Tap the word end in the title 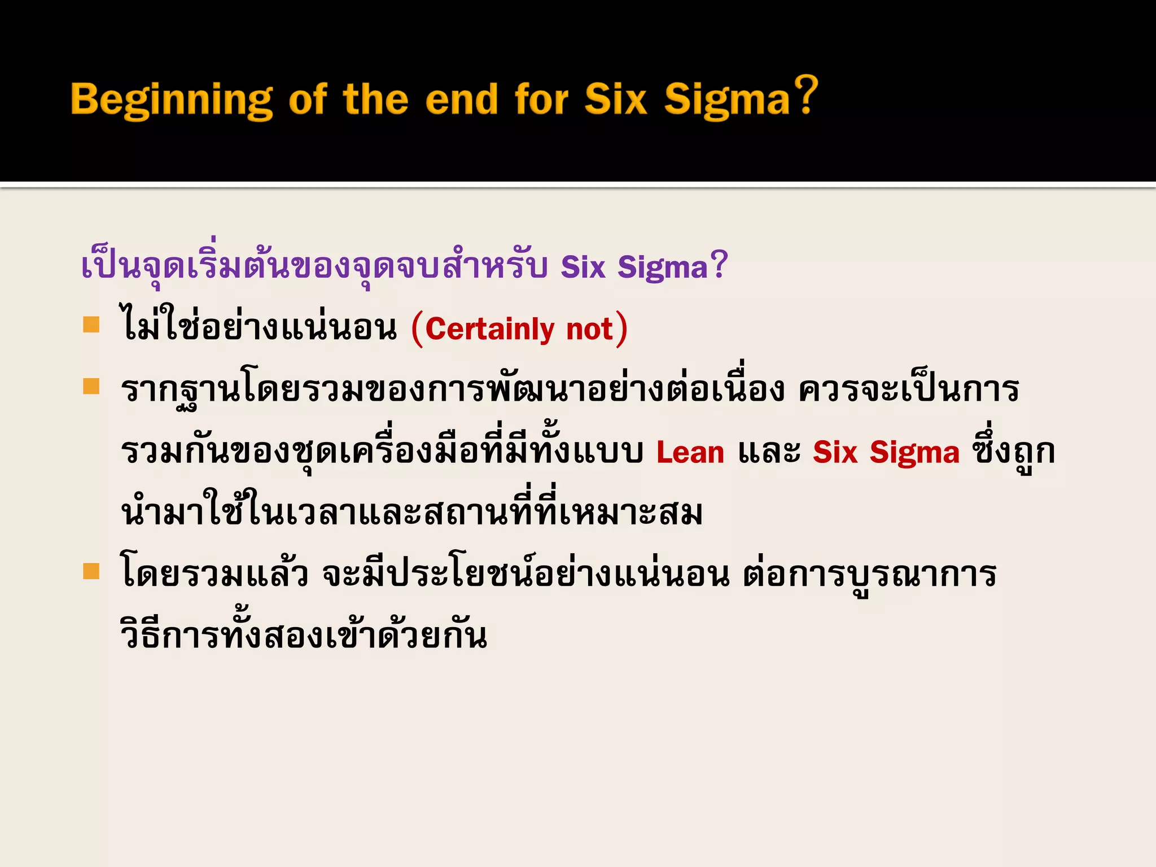461,100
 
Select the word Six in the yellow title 615,100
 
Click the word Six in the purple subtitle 583,267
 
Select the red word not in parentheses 589,329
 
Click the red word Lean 690,453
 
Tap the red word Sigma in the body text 914,453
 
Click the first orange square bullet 91,325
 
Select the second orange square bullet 91,387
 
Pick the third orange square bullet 91,571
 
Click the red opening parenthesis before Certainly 417,329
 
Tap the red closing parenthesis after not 621,329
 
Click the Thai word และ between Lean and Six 769,453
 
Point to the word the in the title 375,100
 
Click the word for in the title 541,100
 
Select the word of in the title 308,100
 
